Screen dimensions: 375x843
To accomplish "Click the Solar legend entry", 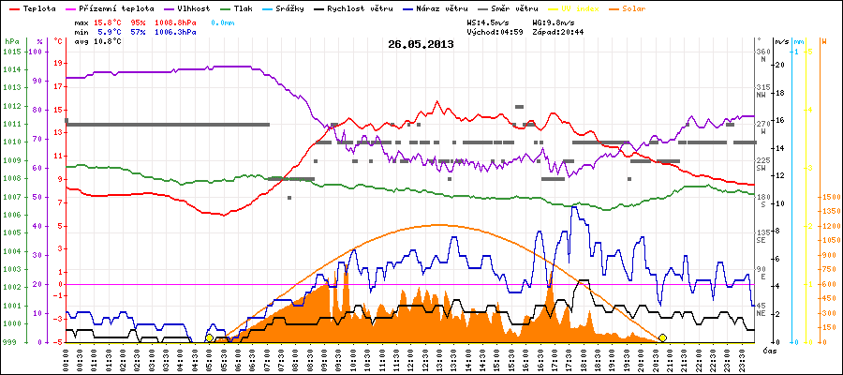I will coord(647,7).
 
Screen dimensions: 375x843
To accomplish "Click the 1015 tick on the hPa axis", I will coord(11,52).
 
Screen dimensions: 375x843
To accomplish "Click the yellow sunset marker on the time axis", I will coord(663,337).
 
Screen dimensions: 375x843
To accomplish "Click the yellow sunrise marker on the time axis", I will coord(209,337).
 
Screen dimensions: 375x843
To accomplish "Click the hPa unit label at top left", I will coord(10,42).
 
